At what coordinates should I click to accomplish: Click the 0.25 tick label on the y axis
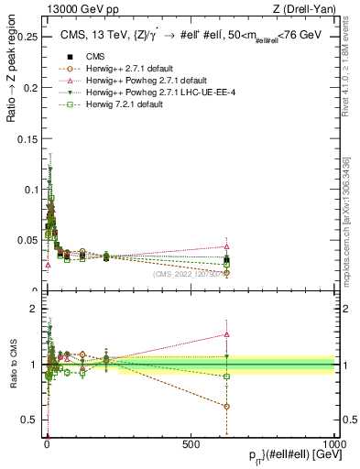tap(27, 38)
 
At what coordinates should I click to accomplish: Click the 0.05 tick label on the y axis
tap(27, 241)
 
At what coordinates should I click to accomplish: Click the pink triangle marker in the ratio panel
tap(226, 334)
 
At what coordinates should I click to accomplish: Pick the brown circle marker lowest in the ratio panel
tap(226, 406)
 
